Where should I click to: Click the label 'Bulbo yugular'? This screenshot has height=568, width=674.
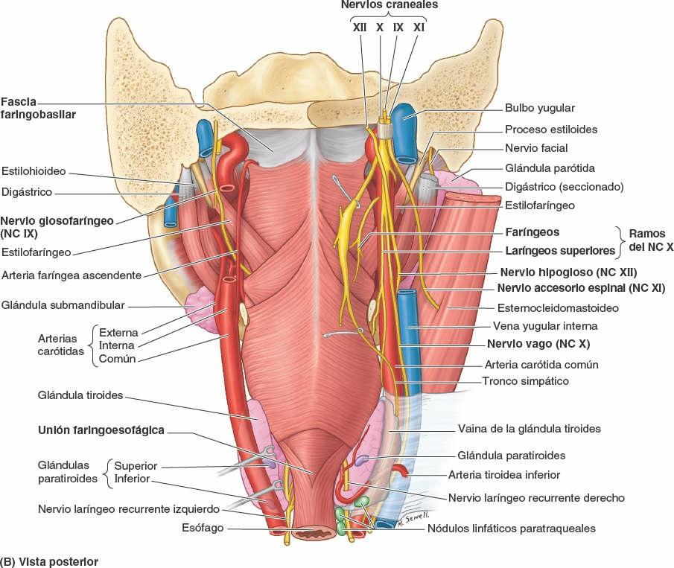[x=540, y=108]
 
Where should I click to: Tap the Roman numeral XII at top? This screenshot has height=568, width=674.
[x=359, y=28]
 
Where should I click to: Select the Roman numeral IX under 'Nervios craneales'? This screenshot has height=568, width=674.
[x=398, y=28]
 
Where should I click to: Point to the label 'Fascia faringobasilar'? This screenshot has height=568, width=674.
[x=38, y=109]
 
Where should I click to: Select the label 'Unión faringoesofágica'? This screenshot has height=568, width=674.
[x=101, y=430]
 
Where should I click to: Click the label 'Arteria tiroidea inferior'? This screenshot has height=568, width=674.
[x=503, y=474]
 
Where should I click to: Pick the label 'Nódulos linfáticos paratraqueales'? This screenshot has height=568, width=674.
[x=512, y=529]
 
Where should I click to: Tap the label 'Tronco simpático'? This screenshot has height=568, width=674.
[x=525, y=381]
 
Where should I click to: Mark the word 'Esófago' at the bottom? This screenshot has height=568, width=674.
[x=203, y=528]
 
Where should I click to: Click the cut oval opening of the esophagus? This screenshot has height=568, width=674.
[x=316, y=533]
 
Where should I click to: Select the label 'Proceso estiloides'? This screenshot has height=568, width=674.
[x=551, y=130]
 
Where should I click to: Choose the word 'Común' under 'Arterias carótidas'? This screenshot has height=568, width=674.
[x=116, y=359]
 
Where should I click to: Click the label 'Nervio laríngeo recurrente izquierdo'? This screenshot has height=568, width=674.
[x=129, y=509]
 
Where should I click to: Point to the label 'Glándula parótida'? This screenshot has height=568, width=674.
[x=550, y=168]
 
